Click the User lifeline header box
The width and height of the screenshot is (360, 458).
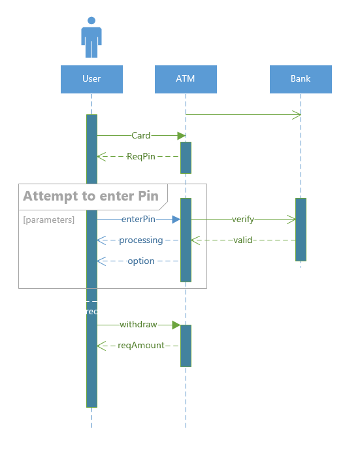coord(91,79)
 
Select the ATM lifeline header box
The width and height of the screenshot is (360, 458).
coord(186,79)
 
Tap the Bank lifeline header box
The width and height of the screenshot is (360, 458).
coord(301,79)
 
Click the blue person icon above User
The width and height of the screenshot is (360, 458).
coord(91,38)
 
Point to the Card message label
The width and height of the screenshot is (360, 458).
coord(140,136)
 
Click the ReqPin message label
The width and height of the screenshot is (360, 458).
coord(140,157)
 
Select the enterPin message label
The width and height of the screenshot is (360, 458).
coord(138,220)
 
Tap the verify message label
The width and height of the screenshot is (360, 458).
coord(243,220)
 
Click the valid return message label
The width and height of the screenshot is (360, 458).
coord(243,240)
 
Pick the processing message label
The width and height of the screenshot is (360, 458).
coord(140,240)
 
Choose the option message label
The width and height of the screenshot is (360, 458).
coord(140,261)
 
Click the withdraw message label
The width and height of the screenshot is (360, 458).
coord(138,325)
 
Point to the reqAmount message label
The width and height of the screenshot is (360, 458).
coord(140,346)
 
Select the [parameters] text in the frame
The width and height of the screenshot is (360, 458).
coord(49,220)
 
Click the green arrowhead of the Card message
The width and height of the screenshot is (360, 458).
coord(182,136)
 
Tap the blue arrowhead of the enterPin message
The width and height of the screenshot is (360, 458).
coord(176,220)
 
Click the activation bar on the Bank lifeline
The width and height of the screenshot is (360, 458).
coord(301,229)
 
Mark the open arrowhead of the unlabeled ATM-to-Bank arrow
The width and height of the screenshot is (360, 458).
coord(297,115)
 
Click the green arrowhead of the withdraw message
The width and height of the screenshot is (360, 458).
coord(176,325)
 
